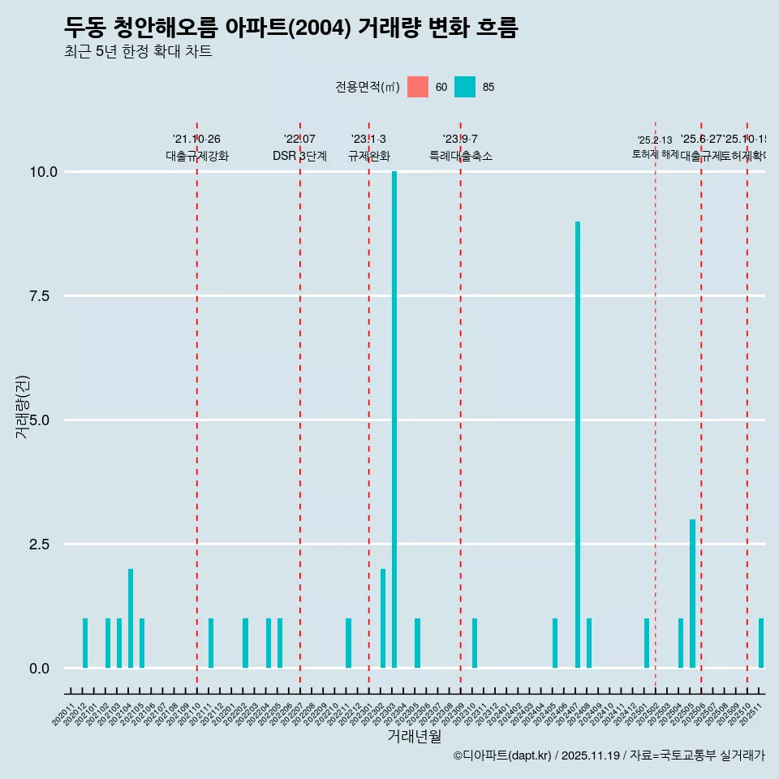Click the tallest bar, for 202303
(x=394, y=420)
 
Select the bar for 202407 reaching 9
(x=578, y=445)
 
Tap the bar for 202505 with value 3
(x=692, y=593)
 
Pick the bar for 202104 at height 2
(x=131, y=618)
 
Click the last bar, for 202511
(x=761, y=643)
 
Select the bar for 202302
(x=383, y=618)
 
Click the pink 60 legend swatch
(x=418, y=87)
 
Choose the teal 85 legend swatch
(x=465, y=87)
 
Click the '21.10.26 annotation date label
(x=196, y=140)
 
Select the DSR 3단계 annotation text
(x=299, y=156)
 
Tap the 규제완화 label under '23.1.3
(x=369, y=156)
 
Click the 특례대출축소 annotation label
(x=461, y=156)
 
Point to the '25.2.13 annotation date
(x=655, y=140)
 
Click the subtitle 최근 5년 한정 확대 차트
(x=138, y=52)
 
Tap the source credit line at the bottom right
(x=609, y=755)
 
